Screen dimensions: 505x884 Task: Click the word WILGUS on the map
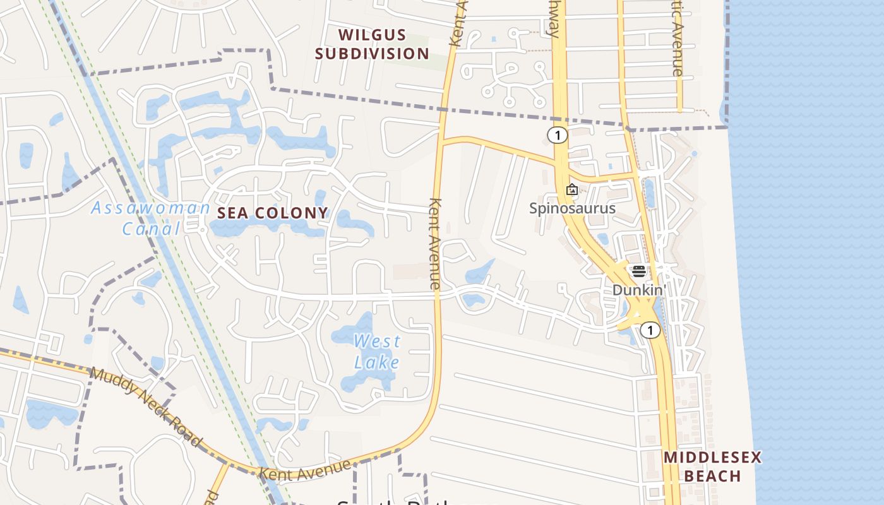(x=372, y=35)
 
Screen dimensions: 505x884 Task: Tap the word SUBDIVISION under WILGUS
(x=372, y=54)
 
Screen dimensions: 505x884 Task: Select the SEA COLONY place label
(x=273, y=213)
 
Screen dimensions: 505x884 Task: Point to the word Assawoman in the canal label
(x=150, y=208)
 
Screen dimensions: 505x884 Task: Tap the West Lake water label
(x=377, y=351)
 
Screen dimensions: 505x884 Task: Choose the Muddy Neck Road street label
(x=146, y=407)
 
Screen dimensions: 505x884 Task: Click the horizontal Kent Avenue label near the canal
(x=304, y=469)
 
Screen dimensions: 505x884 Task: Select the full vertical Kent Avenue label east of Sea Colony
(x=435, y=244)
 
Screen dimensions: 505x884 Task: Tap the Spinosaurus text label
(x=572, y=208)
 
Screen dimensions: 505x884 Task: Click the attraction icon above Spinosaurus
(x=572, y=189)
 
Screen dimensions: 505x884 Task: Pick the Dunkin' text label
(x=639, y=290)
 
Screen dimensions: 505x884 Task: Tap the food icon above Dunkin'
(x=639, y=271)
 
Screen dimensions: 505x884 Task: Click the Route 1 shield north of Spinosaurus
(x=557, y=135)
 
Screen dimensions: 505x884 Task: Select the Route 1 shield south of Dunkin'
(x=650, y=330)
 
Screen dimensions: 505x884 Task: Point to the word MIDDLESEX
(x=712, y=457)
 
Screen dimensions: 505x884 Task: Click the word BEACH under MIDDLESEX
(x=712, y=476)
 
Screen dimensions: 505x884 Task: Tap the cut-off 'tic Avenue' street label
(x=678, y=38)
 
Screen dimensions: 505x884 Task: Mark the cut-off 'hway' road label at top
(x=555, y=19)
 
